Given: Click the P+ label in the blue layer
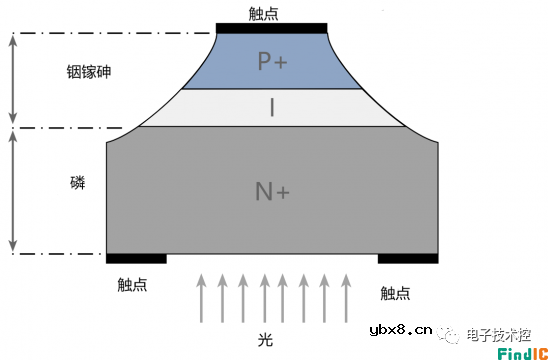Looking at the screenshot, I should [x=272, y=61].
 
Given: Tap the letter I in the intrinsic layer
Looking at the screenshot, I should [x=272, y=107].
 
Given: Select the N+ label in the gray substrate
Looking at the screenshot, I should [x=272, y=189].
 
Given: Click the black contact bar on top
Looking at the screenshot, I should [x=272, y=27].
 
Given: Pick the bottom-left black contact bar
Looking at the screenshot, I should [x=136, y=258].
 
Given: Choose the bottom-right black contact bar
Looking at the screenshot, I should [x=407, y=258].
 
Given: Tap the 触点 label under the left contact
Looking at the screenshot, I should [x=132, y=285].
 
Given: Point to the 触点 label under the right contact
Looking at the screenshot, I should [x=396, y=292].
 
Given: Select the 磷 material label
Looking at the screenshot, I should [x=77, y=183].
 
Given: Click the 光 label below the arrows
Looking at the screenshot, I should [x=265, y=340].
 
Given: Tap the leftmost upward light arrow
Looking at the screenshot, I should [x=203, y=297].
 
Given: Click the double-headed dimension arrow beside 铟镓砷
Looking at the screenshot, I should [x=13, y=80].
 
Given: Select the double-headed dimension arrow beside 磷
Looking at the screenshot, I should [x=13, y=190].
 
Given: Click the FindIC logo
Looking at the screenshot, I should [x=521, y=349].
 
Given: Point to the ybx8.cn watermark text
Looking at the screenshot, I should [x=401, y=329].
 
